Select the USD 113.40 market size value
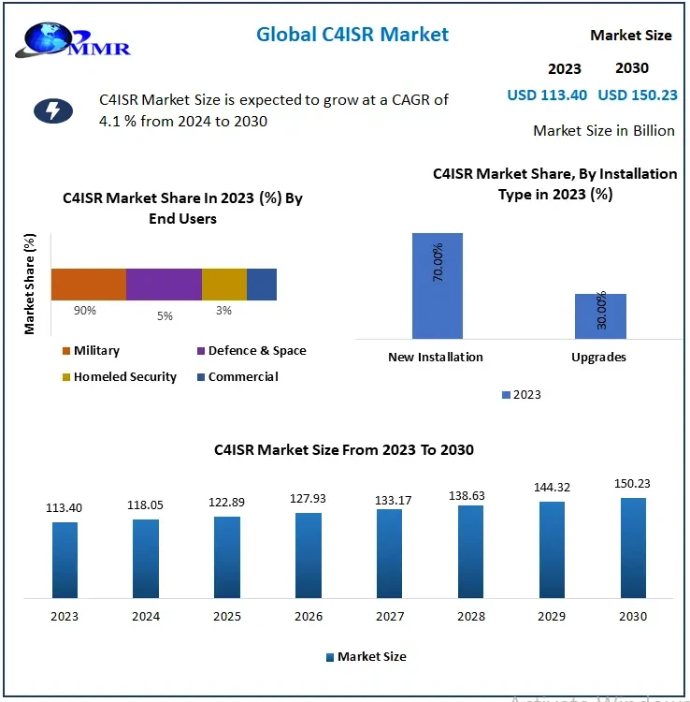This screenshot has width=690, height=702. pyautogui.click(x=547, y=95)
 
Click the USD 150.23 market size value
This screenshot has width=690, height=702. pyautogui.click(x=638, y=95)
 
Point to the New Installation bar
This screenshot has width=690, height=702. pyautogui.click(x=437, y=285)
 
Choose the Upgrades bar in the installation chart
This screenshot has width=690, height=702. pyautogui.click(x=600, y=315)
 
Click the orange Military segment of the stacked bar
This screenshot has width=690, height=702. pyautogui.click(x=88, y=285)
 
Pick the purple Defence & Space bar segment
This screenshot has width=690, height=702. pyautogui.click(x=164, y=285)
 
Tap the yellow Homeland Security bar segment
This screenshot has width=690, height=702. pyautogui.click(x=224, y=285)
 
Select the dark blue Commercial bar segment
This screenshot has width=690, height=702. pyautogui.click(x=262, y=285)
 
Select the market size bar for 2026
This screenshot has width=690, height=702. pyautogui.click(x=309, y=555)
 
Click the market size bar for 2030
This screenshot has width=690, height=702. pyautogui.click(x=633, y=548)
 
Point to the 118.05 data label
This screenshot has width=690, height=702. pyautogui.click(x=146, y=505)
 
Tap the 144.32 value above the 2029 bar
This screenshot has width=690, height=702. pyautogui.click(x=552, y=488)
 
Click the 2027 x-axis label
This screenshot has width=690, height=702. pyautogui.click(x=390, y=616)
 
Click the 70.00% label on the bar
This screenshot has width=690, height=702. pyautogui.click(x=438, y=263)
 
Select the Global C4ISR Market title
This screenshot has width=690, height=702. pyautogui.click(x=352, y=35)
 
